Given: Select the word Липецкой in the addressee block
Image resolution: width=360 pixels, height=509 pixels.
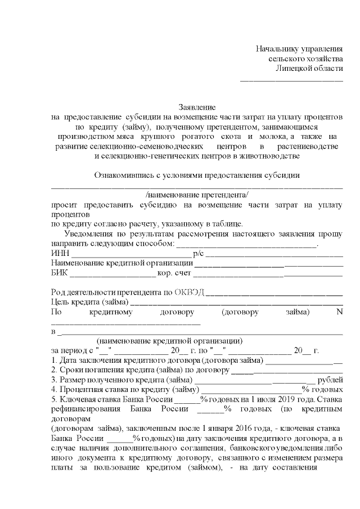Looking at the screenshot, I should pyautogui.click(x=295, y=69).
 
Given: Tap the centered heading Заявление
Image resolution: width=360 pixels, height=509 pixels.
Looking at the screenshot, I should pyautogui.click(x=197, y=107).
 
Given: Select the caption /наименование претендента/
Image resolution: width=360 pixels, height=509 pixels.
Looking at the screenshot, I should pyautogui.click(x=197, y=195).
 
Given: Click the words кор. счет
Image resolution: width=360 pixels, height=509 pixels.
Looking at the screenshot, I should pyautogui.click(x=174, y=273).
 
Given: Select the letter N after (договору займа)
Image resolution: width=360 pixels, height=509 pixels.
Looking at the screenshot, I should pyautogui.click(x=339, y=312).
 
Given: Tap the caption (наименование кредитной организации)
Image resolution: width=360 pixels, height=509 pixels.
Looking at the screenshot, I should pyautogui.click(x=169, y=341).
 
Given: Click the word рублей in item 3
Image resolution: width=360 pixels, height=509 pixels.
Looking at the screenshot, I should pyautogui.click(x=330, y=380).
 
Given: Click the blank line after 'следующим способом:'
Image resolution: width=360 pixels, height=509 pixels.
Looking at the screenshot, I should pyautogui.click(x=247, y=245).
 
